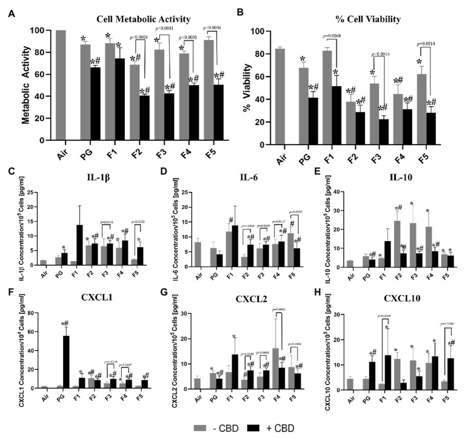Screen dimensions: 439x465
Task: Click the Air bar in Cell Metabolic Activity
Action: pos(61,85)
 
